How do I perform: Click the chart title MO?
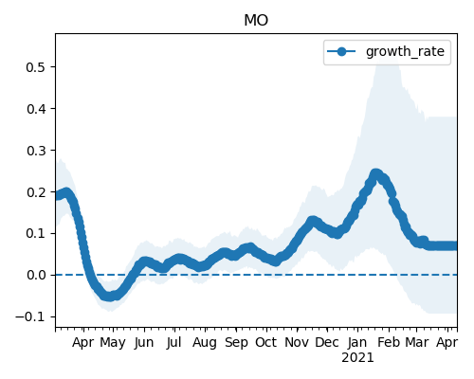(256, 21)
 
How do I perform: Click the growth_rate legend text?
(405, 51)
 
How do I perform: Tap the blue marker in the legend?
(341, 51)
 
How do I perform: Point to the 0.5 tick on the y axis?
(37, 67)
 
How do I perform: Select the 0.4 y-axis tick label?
(37, 109)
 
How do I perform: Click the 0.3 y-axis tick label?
(37, 151)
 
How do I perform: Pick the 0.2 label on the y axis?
(37, 192)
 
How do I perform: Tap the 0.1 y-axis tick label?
(37, 234)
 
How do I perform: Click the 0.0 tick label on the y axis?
(37, 275)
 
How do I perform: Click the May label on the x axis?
(113, 343)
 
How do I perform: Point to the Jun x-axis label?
(144, 343)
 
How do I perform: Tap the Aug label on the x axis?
(205, 343)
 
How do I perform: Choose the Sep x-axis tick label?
(236, 343)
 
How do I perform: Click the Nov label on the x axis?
(297, 342)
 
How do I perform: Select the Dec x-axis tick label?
(327, 342)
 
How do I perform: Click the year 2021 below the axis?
(357, 358)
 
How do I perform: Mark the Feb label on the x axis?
(389, 342)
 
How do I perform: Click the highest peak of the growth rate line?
(375, 174)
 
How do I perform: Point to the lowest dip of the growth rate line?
(109, 297)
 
